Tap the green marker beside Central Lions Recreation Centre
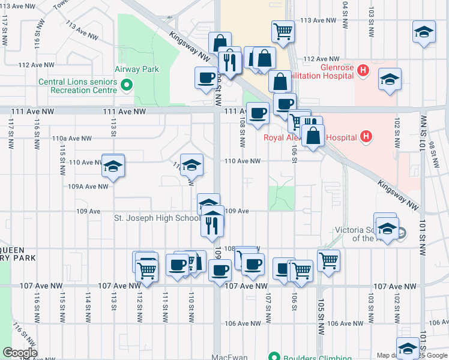coord(126,86)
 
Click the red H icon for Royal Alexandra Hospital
coord(366,137)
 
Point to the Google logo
coord(20,353)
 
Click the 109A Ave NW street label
coord(88,187)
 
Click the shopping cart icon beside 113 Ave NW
coord(283,31)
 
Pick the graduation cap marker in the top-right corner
coord(424,32)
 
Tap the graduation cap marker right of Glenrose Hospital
coord(390,79)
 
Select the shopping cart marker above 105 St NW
coord(328,260)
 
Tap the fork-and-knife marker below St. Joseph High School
coord(212,224)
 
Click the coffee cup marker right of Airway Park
coord(206,78)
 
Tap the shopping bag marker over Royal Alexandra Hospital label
coord(313,136)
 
